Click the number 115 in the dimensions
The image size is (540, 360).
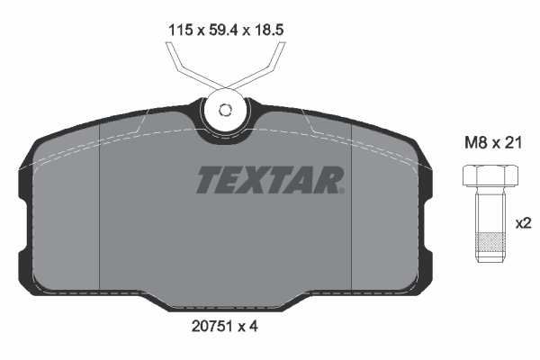[181, 29]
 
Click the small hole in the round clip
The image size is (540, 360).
[226, 112]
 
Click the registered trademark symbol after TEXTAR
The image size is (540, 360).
[341, 190]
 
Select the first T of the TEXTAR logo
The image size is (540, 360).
[207, 180]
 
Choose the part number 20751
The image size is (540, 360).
[212, 328]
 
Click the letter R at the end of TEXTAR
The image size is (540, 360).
[325, 180]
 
